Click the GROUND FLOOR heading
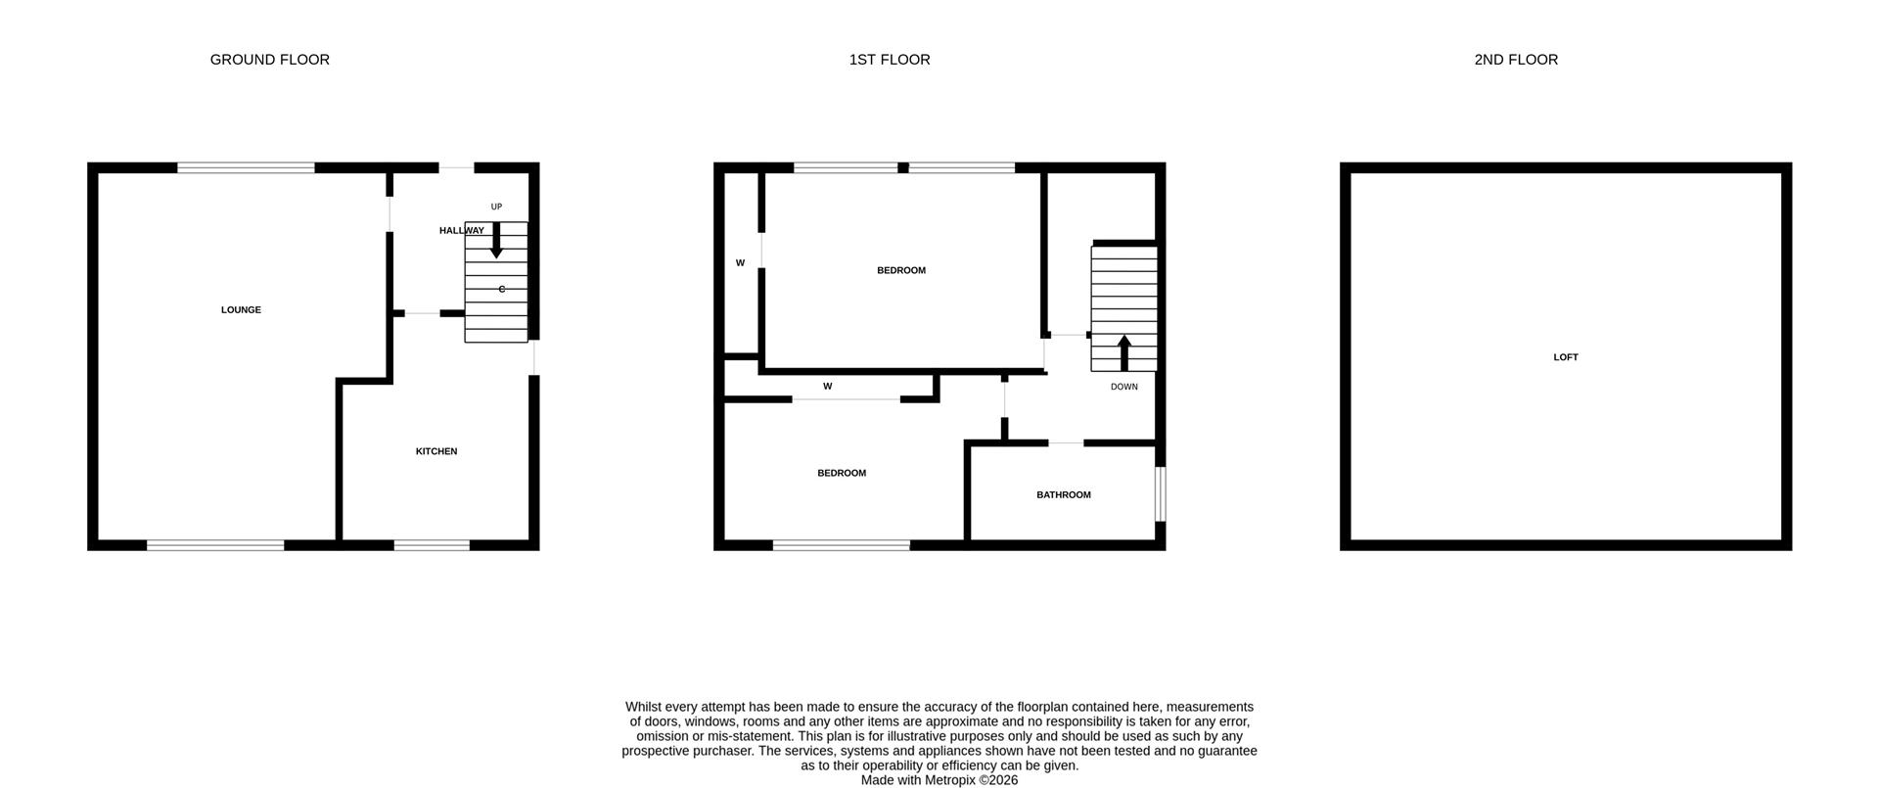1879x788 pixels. [x=269, y=60]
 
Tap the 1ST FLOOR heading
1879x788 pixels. [x=889, y=60]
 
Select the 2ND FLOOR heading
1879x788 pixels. [x=1515, y=60]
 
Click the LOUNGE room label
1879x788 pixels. [x=241, y=310]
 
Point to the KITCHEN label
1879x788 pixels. [x=436, y=451]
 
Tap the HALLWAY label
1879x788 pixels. [x=461, y=231]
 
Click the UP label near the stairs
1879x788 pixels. [x=496, y=207]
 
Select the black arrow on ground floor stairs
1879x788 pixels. [x=496, y=241]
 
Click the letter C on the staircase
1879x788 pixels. [x=502, y=289]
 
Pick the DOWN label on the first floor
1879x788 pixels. [x=1123, y=387]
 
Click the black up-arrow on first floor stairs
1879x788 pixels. [x=1123, y=352]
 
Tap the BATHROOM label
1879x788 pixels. [x=1063, y=495]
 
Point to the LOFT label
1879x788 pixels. [x=1565, y=357]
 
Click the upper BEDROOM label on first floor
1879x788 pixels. [x=900, y=270]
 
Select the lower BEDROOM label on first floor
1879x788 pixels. [x=842, y=473]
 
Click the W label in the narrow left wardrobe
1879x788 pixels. [x=740, y=263]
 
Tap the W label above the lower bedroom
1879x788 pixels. [x=827, y=387]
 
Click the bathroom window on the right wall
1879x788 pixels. [x=1160, y=493]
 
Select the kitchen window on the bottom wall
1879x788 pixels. [x=432, y=545]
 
